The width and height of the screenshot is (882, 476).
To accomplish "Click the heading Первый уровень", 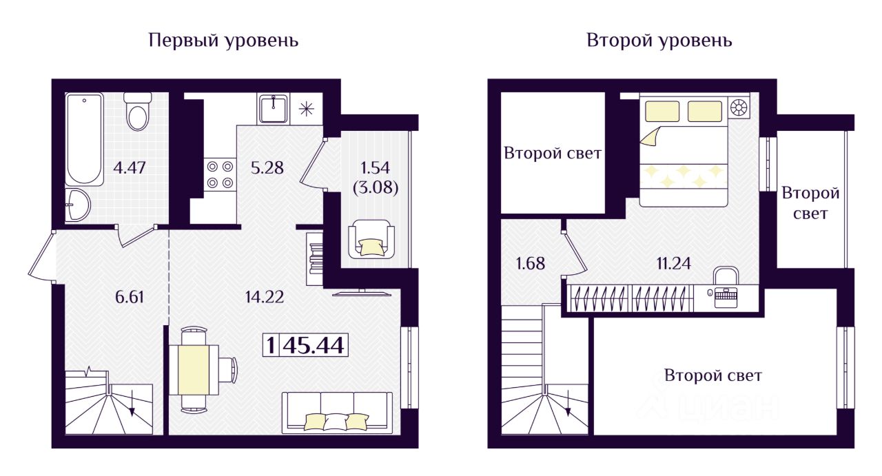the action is (x=223, y=41).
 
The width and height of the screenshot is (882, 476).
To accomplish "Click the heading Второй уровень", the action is (x=659, y=41).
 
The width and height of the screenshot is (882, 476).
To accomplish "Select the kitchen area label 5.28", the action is (x=267, y=167).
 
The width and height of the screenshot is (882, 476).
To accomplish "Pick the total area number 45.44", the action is (x=314, y=345).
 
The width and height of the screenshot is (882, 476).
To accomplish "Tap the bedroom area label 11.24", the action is (x=674, y=262).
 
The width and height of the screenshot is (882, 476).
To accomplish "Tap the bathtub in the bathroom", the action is (x=85, y=139).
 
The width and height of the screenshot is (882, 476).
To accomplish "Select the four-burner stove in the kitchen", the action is (x=219, y=174).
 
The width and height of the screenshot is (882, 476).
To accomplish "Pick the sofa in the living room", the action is (x=336, y=412).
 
